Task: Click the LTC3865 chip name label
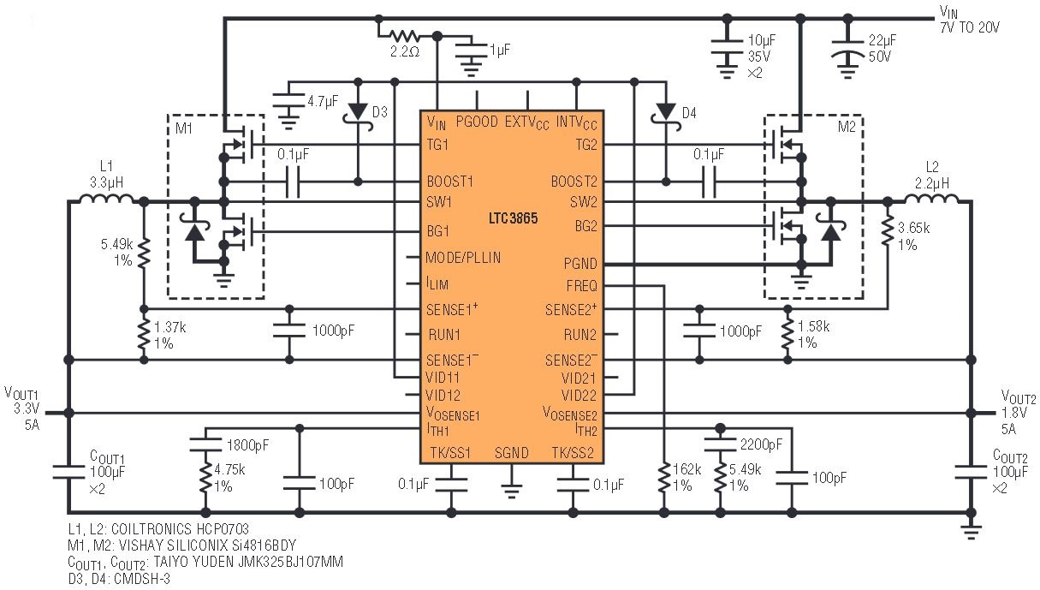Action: pyautogui.click(x=513, y=218)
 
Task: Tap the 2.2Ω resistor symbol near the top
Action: pyautogui.click(x=404, y=36)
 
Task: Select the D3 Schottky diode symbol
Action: pyautogui.click(x=358, y=113)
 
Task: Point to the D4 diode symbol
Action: pyautogui.click(x=666, y=113)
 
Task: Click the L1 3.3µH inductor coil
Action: pyautogui.click(x=106, y=199)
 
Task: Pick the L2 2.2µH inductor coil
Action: pyautogui.click(x=931, y=199)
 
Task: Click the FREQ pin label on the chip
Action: pyautogui.click(x=582, y=286)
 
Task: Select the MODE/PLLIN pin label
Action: pyautogui.click(x=463, y=258)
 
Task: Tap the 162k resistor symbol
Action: pyautogui.click(x=664, y=478)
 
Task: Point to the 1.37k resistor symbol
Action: pyautogui.click(x=144, y=335)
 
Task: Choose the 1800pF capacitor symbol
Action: pyautogui.click(x=205, y=444)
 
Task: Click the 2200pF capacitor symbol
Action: pyautogui.click(x=720, y=444)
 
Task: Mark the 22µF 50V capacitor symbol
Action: pyautogui.click(x=847, y=48)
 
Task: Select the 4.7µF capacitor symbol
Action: pyautogui.click(x=288, y=101)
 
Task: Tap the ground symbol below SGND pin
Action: pyautogui.click(x=511, y=491)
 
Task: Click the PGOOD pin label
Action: pyautogui.click(x=477, y=122)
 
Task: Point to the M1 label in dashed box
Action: pyautogui.click(x=184, y=128)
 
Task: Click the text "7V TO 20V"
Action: pyautogui.click(x=970, y=28)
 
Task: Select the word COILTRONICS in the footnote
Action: pyautogui.click(x=152, y=529)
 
